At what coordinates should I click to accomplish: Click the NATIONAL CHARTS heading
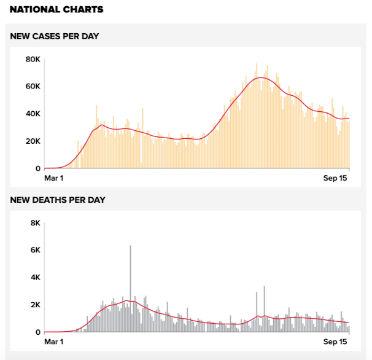coord(56,10)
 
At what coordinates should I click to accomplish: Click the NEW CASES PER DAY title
coord(55,36)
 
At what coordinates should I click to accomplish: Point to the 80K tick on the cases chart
coord(33,60)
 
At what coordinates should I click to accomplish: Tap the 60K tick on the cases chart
coord(33,87)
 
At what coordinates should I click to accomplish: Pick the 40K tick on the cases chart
coord(33,114)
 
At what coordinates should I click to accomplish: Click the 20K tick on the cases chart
coord(33,141)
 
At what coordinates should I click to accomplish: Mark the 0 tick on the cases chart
coord(38,168)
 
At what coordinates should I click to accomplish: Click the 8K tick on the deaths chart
coord(35,223)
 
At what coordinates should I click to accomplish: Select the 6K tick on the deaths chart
coord(35,251)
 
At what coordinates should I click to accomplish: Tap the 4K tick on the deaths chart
coord(35,278)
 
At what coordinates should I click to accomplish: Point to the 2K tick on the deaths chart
coord(35,305)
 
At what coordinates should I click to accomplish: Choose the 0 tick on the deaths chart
coord(38,332)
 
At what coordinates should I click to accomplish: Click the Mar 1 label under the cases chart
coord(54,178)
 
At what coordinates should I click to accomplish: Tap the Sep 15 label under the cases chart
coord(335,178)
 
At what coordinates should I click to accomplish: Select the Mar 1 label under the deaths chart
coord(54,342)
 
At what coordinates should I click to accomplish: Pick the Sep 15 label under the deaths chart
coord(335,342)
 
